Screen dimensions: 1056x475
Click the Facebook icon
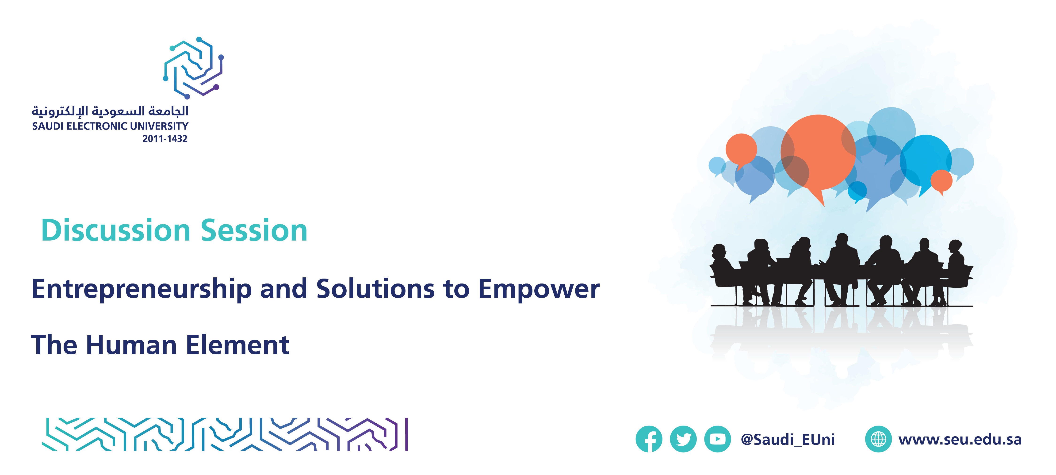point(649,439)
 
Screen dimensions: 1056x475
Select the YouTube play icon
point(717,439)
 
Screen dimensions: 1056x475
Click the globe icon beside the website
point(878,439)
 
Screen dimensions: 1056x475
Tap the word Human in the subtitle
point(131,345)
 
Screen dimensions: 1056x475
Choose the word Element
point(238,345)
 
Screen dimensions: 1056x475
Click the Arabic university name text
point(110,111)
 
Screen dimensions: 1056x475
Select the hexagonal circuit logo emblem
point(194,68)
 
